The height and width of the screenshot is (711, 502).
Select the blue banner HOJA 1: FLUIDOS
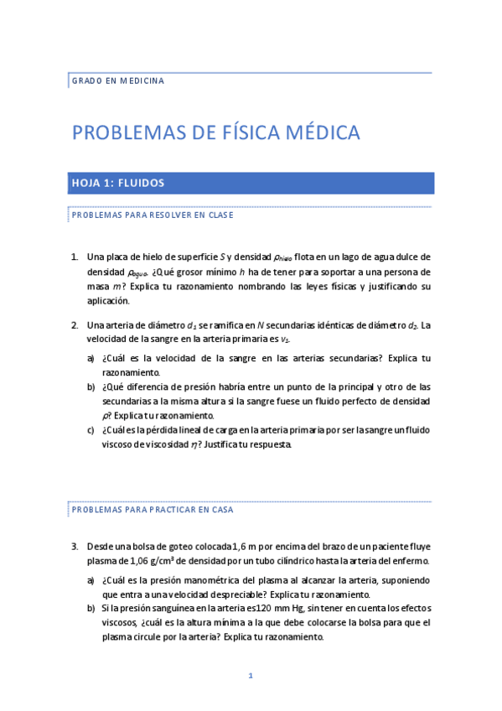click(x=117, y=183)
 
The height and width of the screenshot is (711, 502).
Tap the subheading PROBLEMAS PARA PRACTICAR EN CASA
click(x=152, y=509)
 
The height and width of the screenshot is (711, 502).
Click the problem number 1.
click(x=75, y=257)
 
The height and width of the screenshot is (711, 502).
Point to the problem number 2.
click(x=75, y=325)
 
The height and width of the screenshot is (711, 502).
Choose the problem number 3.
click(x=75, y=546)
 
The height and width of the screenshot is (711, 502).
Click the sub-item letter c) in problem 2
click(x=91, y=430)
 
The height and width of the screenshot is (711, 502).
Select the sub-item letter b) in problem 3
click(x=91, y=607)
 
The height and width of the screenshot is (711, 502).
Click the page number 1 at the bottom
click(x=250, y=676)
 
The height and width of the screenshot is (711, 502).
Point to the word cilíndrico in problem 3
click(x=303, y=561)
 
